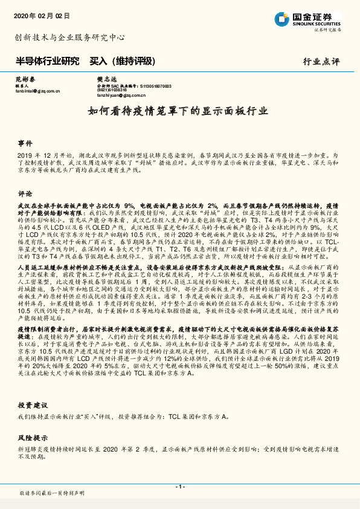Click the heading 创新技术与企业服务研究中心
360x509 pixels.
[69, 37]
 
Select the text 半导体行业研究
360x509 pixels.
[47, 61]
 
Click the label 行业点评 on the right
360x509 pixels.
[321, 62]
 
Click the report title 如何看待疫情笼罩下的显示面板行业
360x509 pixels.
[179, 112]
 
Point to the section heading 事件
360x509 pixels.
[25, 144]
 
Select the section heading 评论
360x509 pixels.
[25, 194]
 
